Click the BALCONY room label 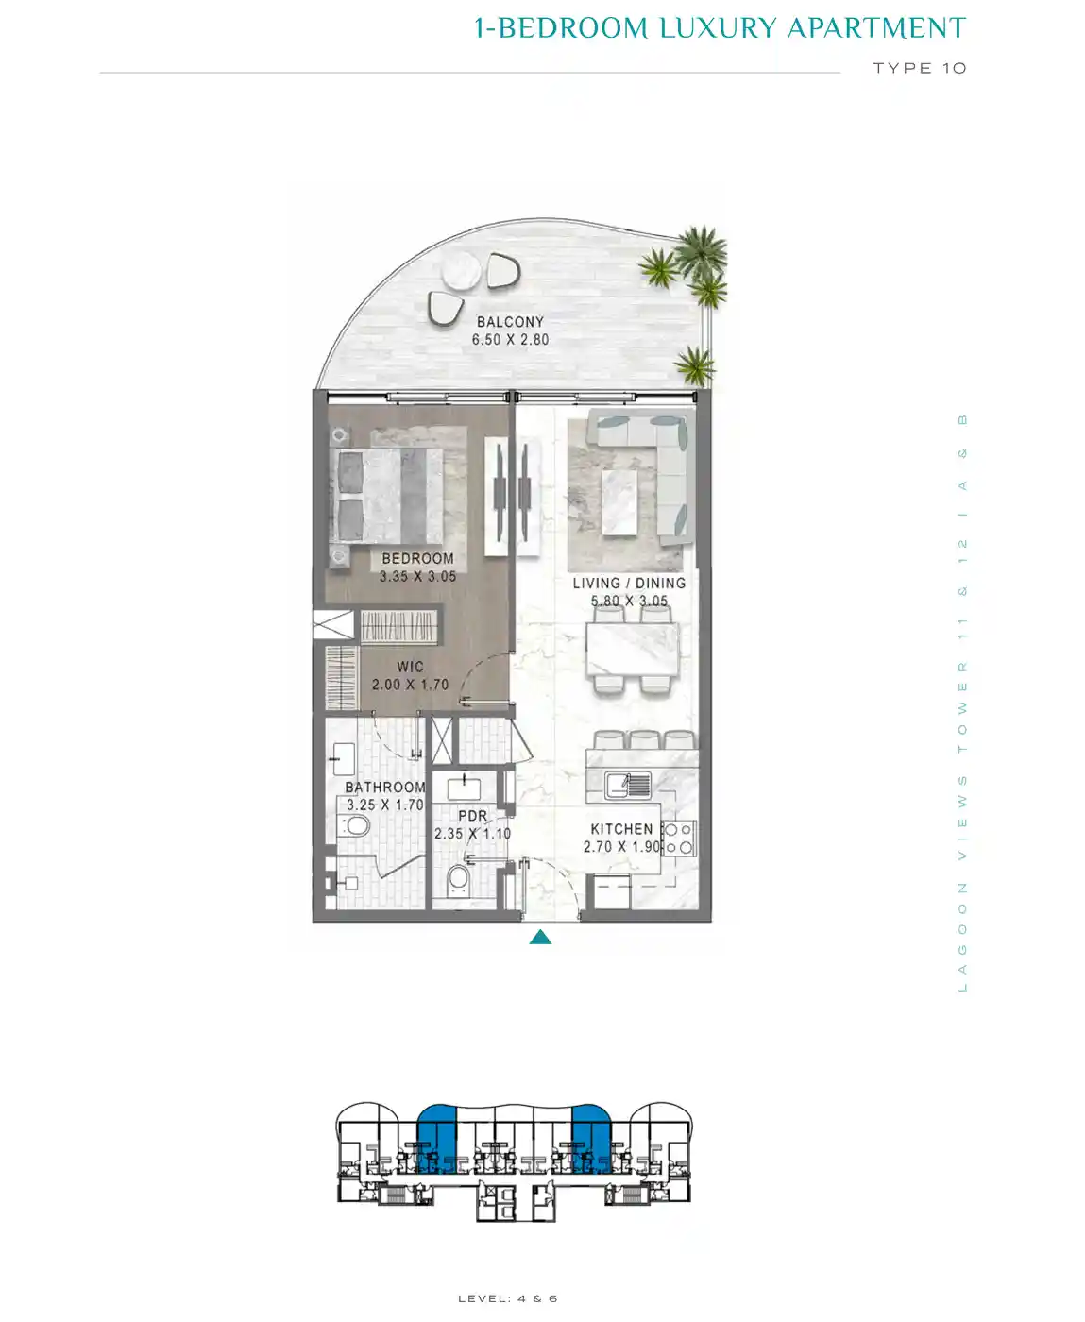[510, 322]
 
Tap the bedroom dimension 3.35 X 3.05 [418, 576]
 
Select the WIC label [411, 667]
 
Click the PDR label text [472, 816]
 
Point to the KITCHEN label [621, 829]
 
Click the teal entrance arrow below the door [540, 937]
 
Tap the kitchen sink [628, 785]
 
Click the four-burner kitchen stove [679, 839]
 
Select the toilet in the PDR [459, 879]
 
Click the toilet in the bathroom [354, 825]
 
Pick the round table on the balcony [461, 273]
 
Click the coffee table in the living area [619, 502]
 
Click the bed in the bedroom [387, 495]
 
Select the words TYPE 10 [920, 68]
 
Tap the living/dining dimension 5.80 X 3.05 [629, 601]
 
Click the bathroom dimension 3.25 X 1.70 [385, 805]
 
